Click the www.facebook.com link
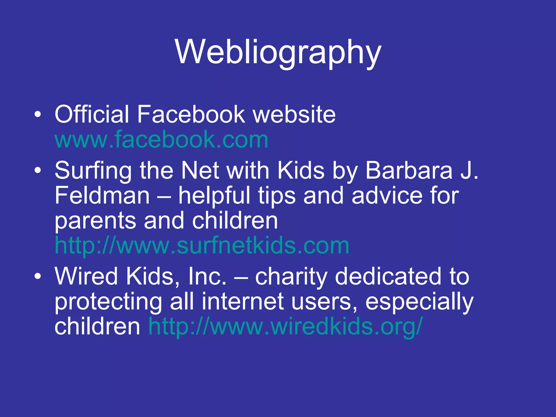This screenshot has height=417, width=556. [161, 140]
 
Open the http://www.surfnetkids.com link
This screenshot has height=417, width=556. [202, 246]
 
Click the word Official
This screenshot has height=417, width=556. [92, 114]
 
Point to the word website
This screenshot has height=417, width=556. [294, 114]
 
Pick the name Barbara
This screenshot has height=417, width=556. [409, 170]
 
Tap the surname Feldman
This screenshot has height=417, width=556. [102, 195]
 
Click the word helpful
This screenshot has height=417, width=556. [214, 195]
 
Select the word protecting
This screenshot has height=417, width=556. [108, 302]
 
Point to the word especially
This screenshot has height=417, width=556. [419, 302]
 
